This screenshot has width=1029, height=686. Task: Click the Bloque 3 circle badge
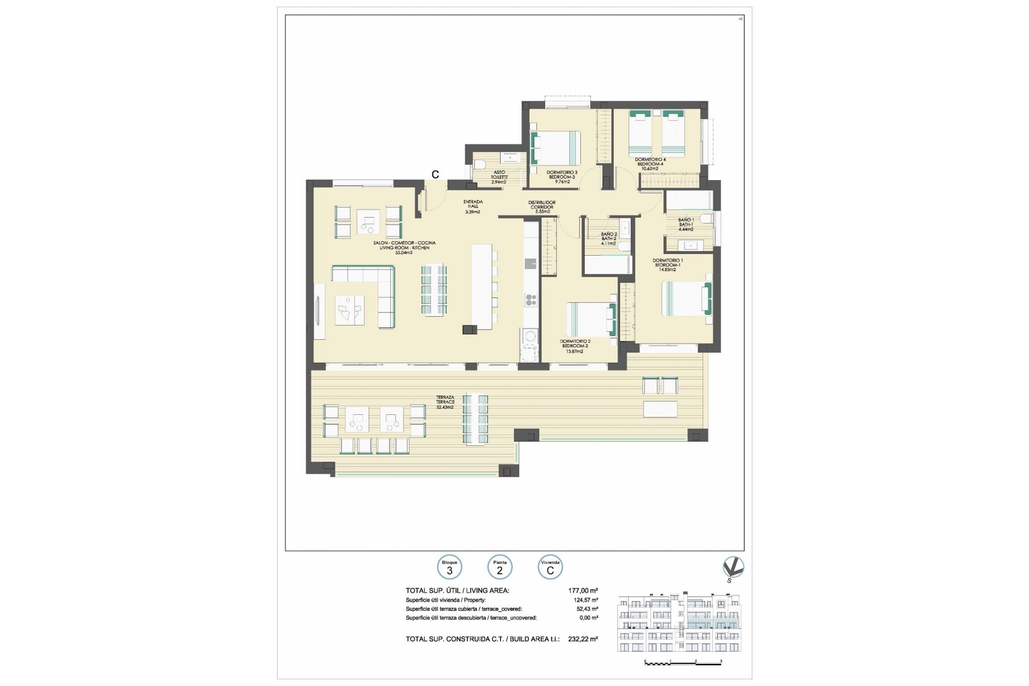pos(449,568)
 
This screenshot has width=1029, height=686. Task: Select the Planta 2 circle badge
pos(499,568)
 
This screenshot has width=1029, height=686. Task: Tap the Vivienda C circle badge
pos(550,568)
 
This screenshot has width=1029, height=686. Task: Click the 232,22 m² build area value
pos(583,639)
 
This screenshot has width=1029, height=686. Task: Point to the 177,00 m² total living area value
pos(583,591)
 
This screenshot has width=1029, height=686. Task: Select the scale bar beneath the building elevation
pos(683,663)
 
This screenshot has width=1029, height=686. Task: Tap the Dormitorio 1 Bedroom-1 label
pos(667,265)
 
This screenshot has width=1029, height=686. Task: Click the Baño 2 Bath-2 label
pos(608,238)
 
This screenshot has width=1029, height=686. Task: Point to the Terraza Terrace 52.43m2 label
pos(445,402)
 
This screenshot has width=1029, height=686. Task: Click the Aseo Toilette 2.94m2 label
pos(498,177)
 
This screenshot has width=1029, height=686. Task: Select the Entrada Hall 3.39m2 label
pos(473,207)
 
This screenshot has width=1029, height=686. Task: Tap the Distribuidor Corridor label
pos(542,207)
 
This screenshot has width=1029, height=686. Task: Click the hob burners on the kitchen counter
pos(155,300)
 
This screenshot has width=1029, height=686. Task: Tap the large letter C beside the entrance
pos(435,175)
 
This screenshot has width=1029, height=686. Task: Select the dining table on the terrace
pos(475,420)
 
